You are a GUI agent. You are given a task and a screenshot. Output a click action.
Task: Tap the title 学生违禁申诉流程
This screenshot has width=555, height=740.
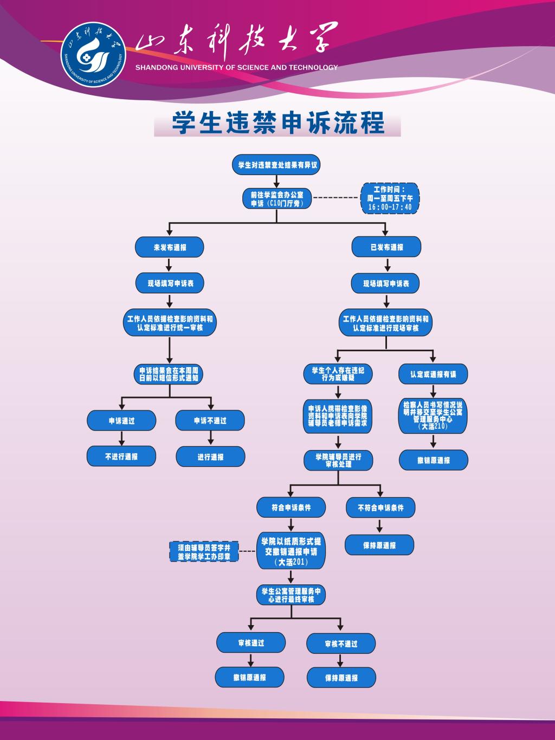[277, 123]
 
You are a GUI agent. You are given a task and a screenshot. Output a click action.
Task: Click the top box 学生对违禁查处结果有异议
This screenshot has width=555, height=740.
[277, 164]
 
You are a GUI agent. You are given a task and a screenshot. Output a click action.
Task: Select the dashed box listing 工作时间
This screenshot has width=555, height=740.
[390, 198]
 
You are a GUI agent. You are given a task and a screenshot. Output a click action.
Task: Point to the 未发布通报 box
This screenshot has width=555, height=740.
[170, 247]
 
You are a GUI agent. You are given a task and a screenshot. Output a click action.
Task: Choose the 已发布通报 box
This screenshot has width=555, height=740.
[386, 247]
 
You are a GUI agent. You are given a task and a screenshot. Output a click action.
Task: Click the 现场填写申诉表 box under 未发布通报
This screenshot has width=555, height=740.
[170, 283]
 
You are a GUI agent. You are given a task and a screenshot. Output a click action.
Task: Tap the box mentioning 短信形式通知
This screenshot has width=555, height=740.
[169, 374]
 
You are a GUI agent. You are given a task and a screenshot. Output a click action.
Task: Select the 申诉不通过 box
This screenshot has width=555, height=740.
[210, 421]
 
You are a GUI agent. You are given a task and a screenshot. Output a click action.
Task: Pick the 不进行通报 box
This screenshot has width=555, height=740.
[121, 456]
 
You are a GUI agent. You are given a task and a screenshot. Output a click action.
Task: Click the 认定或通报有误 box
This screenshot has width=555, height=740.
[433, 374]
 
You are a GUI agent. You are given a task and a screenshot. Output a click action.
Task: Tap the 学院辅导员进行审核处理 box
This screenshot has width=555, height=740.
[339, 460]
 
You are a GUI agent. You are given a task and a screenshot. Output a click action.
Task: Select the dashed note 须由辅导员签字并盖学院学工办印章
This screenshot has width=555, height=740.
[204, 552]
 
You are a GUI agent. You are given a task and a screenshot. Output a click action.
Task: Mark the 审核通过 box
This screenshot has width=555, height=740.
[251, 643]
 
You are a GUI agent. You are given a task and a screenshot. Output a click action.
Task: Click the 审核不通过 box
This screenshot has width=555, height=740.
[341, 644]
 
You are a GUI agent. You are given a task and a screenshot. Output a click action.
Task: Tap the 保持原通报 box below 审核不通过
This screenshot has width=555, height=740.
[341, 678]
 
